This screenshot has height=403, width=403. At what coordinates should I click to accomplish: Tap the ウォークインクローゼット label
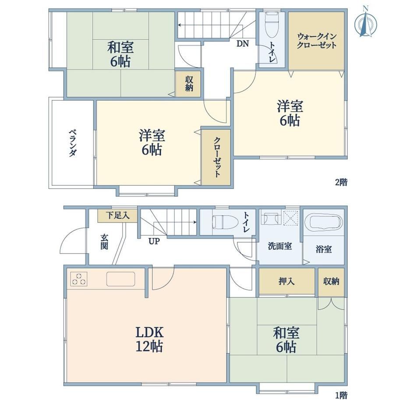(316, 41)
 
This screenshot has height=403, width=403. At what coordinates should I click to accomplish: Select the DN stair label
(243, 44)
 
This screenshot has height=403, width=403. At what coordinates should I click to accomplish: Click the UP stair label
(154, 241)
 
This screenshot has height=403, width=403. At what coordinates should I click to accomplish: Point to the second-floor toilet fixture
(272, 24)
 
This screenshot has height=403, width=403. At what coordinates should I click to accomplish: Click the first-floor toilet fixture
(225, 222)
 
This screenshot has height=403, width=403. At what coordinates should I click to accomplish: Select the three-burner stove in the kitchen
(79, 279)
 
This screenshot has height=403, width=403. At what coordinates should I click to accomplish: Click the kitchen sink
(121, 279)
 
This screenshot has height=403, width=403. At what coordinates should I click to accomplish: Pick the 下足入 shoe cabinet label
(118, 215)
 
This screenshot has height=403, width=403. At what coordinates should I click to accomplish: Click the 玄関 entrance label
(104, 242)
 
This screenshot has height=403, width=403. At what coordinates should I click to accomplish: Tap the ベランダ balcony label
(72, 143)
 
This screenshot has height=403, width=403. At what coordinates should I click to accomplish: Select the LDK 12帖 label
(149, 339)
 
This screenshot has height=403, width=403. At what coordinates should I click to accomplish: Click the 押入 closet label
(286, 281)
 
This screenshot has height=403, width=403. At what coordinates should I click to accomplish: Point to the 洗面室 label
(279, 246)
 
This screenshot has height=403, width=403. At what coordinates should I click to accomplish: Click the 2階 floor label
(341, 182)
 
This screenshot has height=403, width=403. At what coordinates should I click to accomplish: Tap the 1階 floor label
(341, 395)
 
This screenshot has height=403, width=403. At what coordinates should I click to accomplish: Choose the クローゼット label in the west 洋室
(217, 157)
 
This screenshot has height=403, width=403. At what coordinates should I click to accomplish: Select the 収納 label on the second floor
(189, 84)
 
